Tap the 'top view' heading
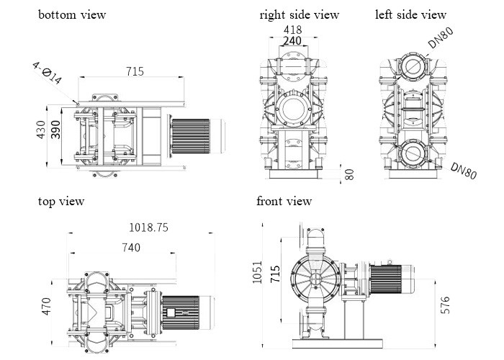coord(61,202)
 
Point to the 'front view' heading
coord(284,202)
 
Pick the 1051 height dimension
coord(258,273)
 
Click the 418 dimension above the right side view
coord(292,30)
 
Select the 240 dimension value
coord(292,42)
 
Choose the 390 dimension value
coord(56,130)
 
